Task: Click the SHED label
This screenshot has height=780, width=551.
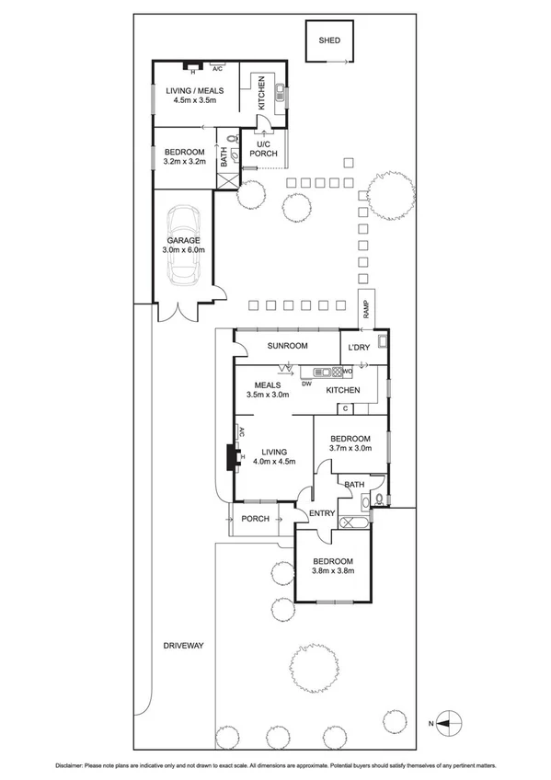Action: tap(328, 41)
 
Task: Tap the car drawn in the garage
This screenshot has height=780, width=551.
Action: tap(187, 247)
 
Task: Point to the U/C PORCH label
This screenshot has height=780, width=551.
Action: tap(263, 149)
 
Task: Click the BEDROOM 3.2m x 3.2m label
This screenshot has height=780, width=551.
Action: tap(183, 156)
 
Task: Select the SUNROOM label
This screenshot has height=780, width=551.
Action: tap(286, 346)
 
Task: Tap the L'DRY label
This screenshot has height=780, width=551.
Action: tap(359, 347)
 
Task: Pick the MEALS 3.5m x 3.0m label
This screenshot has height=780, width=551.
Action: tap(268, 390)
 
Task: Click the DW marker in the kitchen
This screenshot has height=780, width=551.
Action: tap(307, 384)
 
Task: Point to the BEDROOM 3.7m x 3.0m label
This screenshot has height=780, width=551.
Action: tap(350, 443)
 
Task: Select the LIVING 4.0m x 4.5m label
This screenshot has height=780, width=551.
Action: tap(273, 457)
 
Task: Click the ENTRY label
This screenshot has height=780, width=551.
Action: tap(322, 513)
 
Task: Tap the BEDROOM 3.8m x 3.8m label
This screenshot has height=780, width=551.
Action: tap(332, 566)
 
